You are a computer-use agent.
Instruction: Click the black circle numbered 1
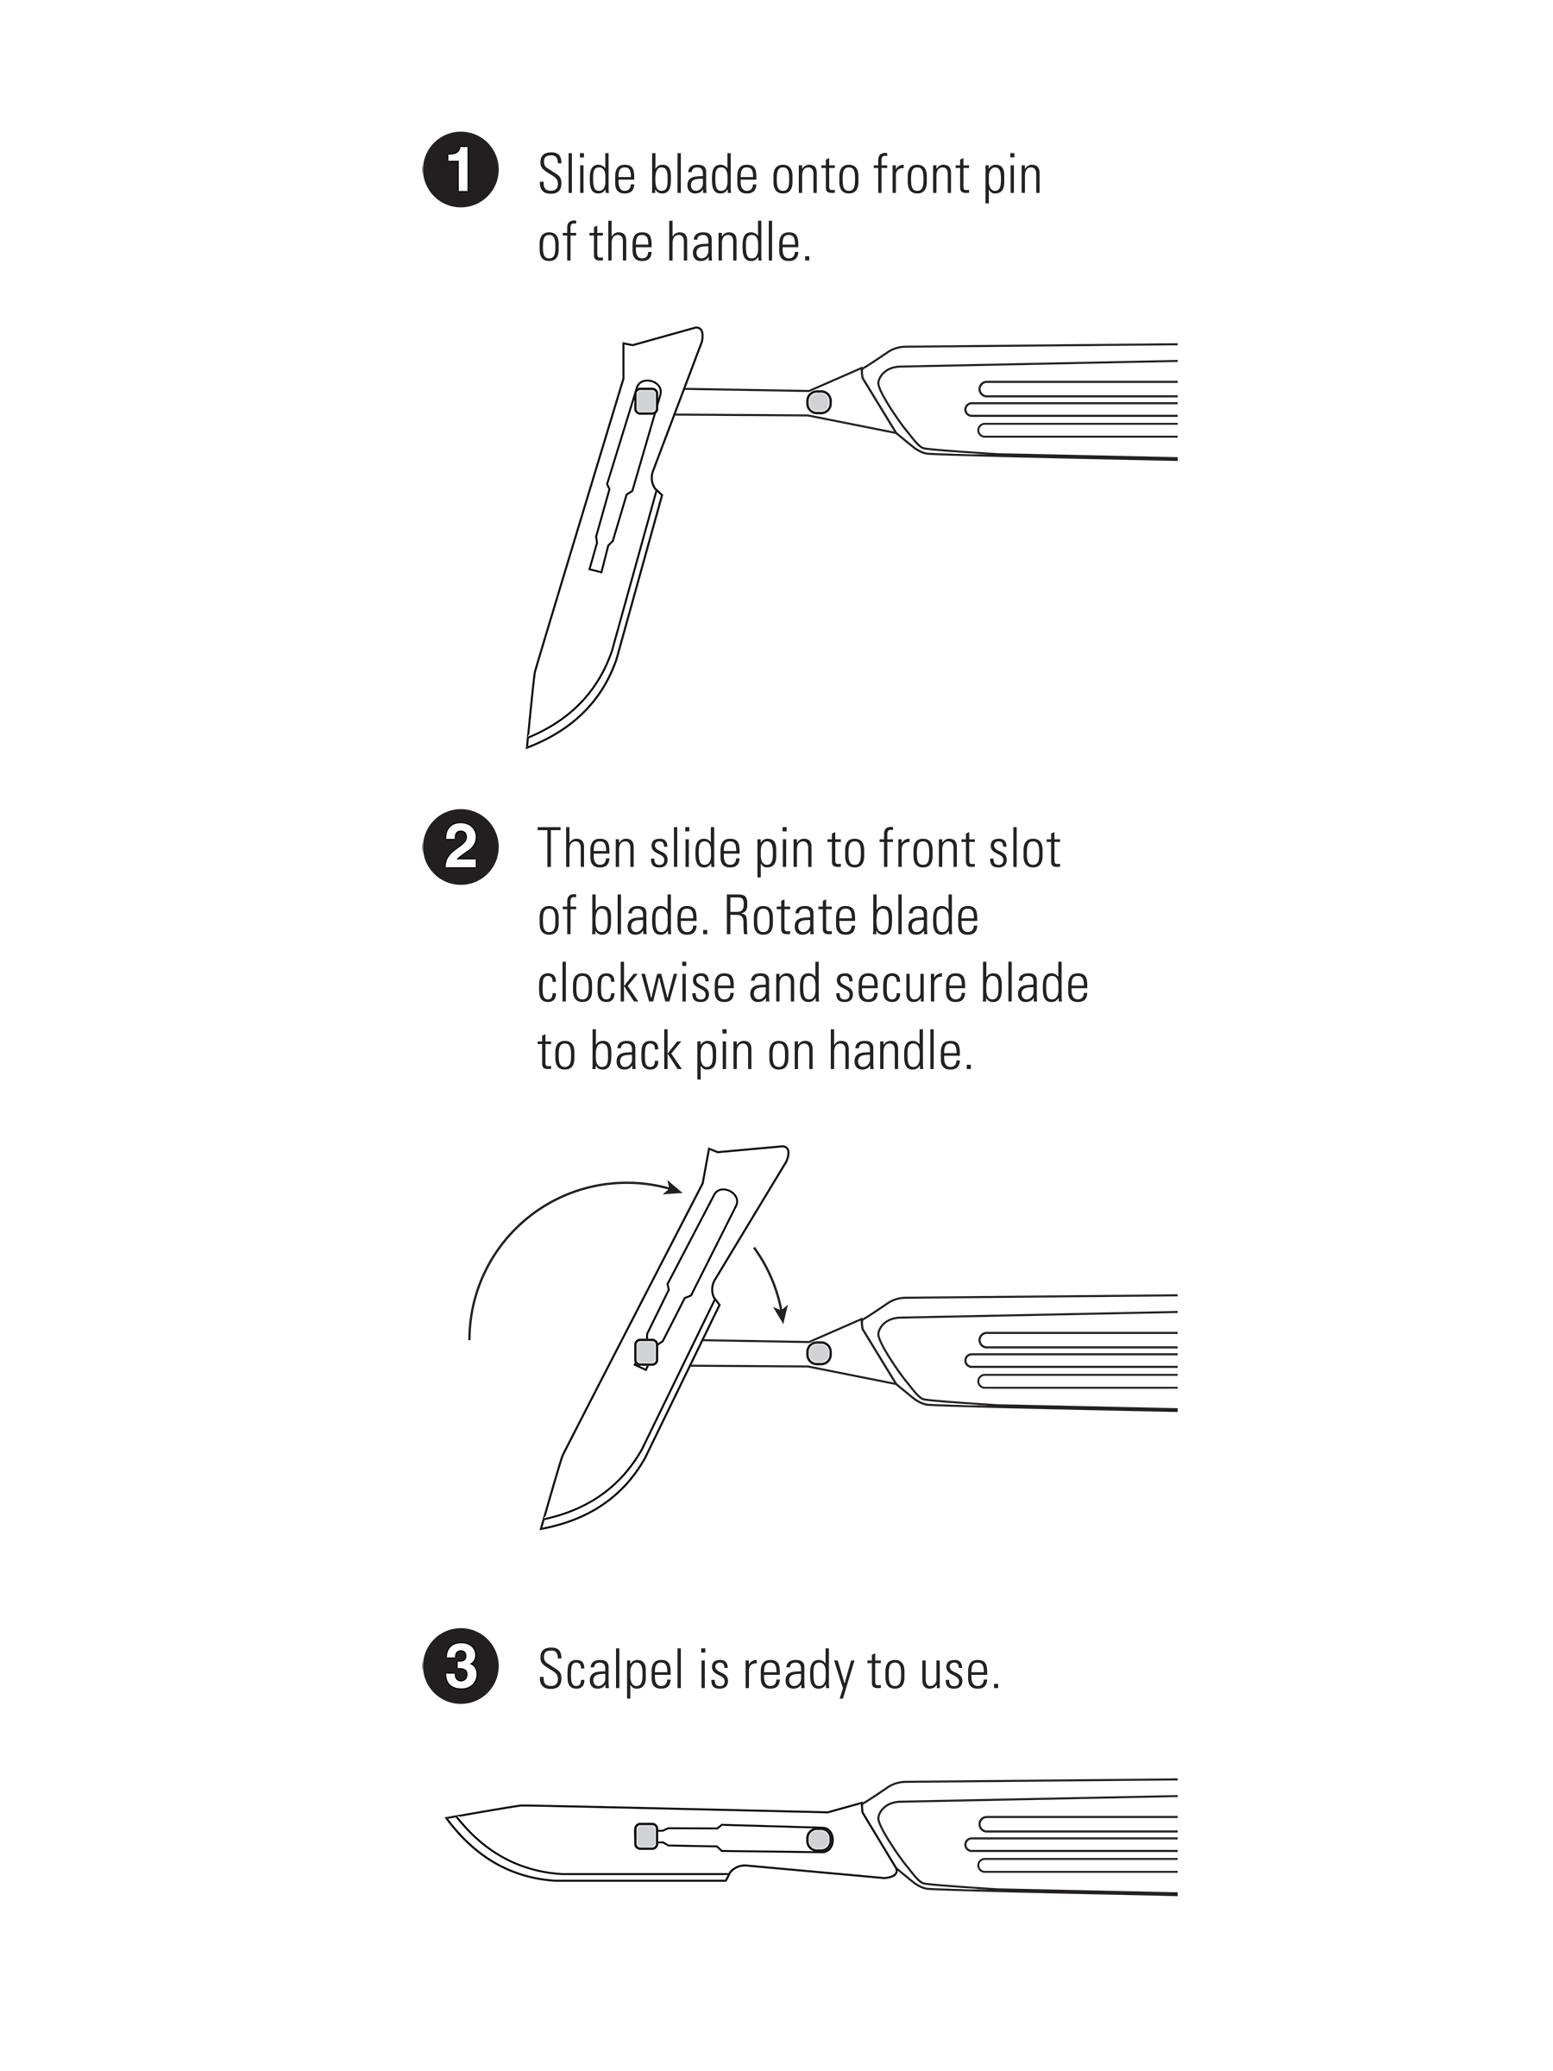click(461, 170)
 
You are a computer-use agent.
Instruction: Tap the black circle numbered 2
click(461, 847)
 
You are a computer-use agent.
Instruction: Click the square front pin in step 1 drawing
click(646, 400)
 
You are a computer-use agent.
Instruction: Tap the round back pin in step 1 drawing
click(819, 403)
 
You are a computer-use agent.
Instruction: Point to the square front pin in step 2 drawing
click(646, 1352)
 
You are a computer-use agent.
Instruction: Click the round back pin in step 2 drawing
click(819, 1353)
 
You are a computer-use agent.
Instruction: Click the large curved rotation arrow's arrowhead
click(672, 1188)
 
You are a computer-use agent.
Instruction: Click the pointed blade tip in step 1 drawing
click(528, 746)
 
